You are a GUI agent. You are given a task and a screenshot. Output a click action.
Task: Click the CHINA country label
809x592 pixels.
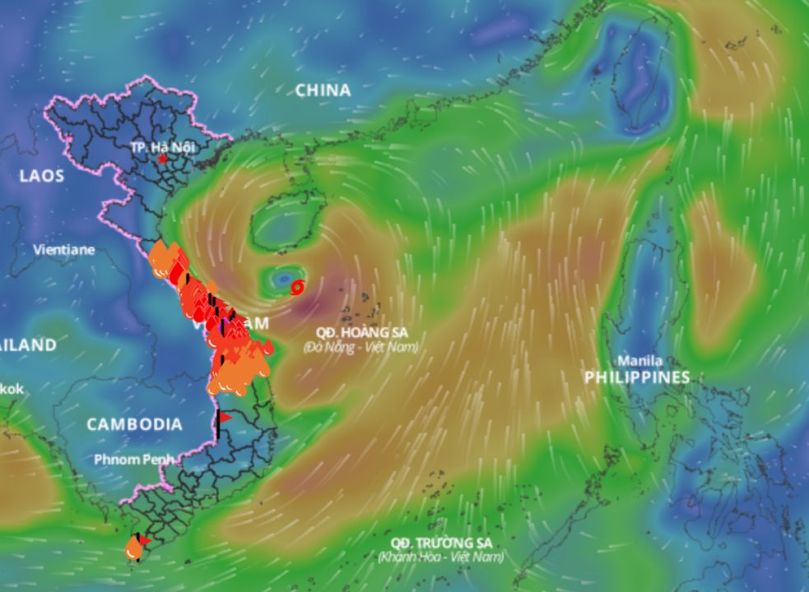click(x=323, y=90)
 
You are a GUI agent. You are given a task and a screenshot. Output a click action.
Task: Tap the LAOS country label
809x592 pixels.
click(x=41, y=176)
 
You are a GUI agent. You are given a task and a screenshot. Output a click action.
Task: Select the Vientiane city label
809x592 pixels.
click(x=64, y=249)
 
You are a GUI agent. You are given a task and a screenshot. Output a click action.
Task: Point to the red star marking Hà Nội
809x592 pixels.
click(x=163, y=159)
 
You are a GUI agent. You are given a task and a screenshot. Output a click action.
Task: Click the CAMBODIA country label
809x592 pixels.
click(x=135, y=424)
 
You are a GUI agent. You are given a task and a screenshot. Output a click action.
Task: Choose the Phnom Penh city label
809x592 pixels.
click(x=133, y=459)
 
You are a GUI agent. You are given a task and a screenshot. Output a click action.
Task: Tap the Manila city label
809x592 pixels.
click(x=639, y=361)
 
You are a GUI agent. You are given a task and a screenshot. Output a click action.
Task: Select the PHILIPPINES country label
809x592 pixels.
click(x=637, y=377)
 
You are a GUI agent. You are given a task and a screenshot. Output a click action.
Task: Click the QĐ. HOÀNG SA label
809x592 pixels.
click(x=360, y=333)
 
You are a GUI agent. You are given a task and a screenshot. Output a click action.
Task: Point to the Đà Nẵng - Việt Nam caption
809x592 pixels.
click(x=360, y=347)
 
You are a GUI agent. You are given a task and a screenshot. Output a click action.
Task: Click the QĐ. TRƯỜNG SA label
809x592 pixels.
click(x=441, y=543)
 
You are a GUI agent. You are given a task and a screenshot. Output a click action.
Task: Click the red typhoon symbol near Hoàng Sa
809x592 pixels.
click(x=298, y=286)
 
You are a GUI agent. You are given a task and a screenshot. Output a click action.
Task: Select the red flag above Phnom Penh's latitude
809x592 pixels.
click(x=224, y=418)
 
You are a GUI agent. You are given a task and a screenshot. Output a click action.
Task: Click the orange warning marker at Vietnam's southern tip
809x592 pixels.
click(x=134, y=548)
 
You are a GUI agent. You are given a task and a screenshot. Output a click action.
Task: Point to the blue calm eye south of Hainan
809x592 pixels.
click(x=284, y=278)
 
